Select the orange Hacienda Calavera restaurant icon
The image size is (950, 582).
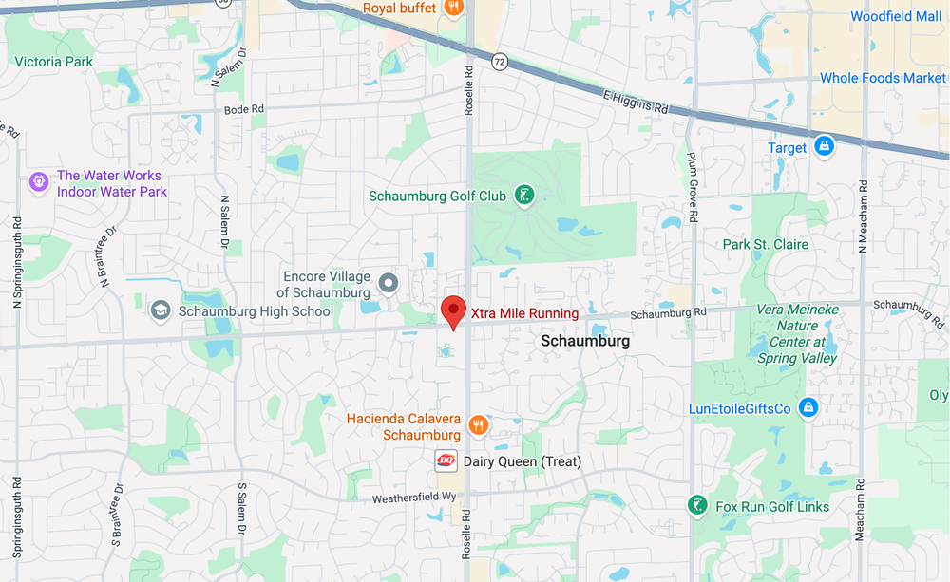479,426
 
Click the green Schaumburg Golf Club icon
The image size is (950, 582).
522,197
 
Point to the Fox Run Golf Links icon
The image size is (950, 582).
698,505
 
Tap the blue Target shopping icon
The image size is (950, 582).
825,147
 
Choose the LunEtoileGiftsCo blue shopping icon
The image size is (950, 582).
807,408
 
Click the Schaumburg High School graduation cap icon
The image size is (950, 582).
161,310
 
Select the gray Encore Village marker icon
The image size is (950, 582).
388,283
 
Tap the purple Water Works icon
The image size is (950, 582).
39,182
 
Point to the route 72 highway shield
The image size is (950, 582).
500,62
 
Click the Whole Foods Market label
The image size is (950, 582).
883,78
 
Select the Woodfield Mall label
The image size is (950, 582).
896,17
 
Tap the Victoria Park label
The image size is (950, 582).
54,62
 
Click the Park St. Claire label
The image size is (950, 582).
766,244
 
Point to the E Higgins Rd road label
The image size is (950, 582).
635,102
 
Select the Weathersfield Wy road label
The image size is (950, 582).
414,498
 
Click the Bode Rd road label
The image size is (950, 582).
243,109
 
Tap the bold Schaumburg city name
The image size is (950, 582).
585,340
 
